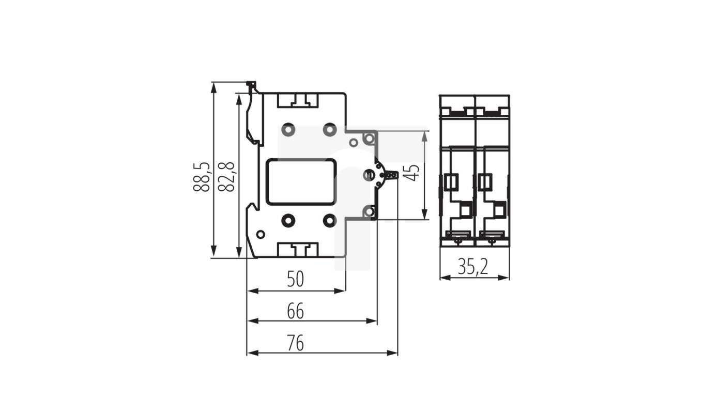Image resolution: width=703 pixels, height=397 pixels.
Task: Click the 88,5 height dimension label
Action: (x=201, y=177)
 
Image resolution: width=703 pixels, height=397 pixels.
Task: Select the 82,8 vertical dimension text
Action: (x=226, y=177)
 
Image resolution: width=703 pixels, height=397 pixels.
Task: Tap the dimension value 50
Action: (x=296, y=280)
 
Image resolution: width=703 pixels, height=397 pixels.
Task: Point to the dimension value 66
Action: (x=296, y=311)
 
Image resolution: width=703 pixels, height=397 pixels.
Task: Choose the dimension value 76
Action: (x=296, y=343)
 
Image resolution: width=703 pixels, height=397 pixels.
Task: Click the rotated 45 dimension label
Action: (x=411, y=172)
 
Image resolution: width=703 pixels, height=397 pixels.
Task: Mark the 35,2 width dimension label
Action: (x=473, y=267)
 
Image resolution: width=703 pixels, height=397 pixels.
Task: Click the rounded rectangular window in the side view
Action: (x=301, y=181)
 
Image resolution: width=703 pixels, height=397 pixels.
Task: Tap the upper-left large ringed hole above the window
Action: (x=288, y=129)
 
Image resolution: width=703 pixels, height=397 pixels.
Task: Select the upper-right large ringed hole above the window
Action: (x=329, y=129)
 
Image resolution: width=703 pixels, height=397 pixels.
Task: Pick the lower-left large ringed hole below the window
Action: (x=288, y=221)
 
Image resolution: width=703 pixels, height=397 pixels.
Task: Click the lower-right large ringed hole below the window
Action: (x=329, y=221)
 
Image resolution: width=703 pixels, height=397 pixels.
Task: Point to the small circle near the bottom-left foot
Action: (x=261, y=235)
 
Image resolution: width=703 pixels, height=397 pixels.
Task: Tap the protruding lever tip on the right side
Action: (x=393, y=175)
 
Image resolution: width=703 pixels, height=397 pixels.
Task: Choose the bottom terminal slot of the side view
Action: (x=299, y=250)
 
